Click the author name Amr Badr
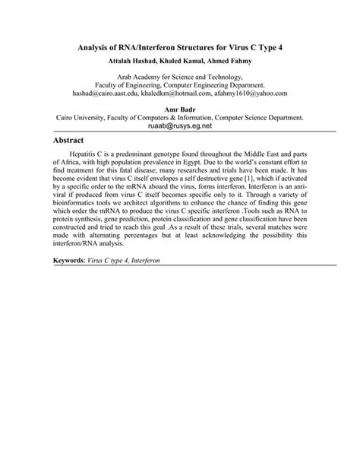pyautogui.click(x=180, y=109)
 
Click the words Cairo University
pyautogui.click(x=87, y=119)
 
